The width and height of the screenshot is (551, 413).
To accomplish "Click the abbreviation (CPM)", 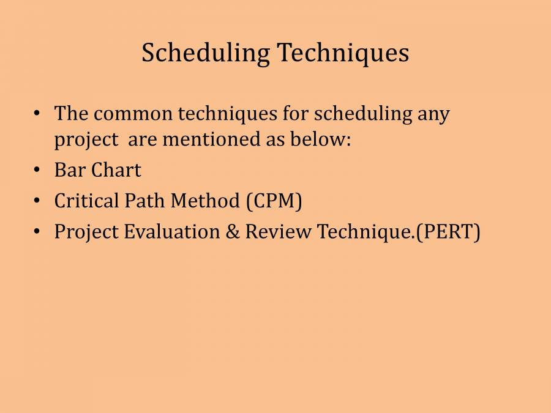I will pos(274,201).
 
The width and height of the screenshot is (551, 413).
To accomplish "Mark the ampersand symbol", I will pos(233,232).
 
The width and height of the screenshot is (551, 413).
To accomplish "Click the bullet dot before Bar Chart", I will pos(37,170).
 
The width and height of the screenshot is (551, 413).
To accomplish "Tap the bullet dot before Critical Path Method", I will pos(37,201).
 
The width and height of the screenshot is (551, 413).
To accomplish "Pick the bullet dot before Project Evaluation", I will pos(37,232).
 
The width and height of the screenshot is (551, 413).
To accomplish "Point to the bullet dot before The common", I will pos(37,114).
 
